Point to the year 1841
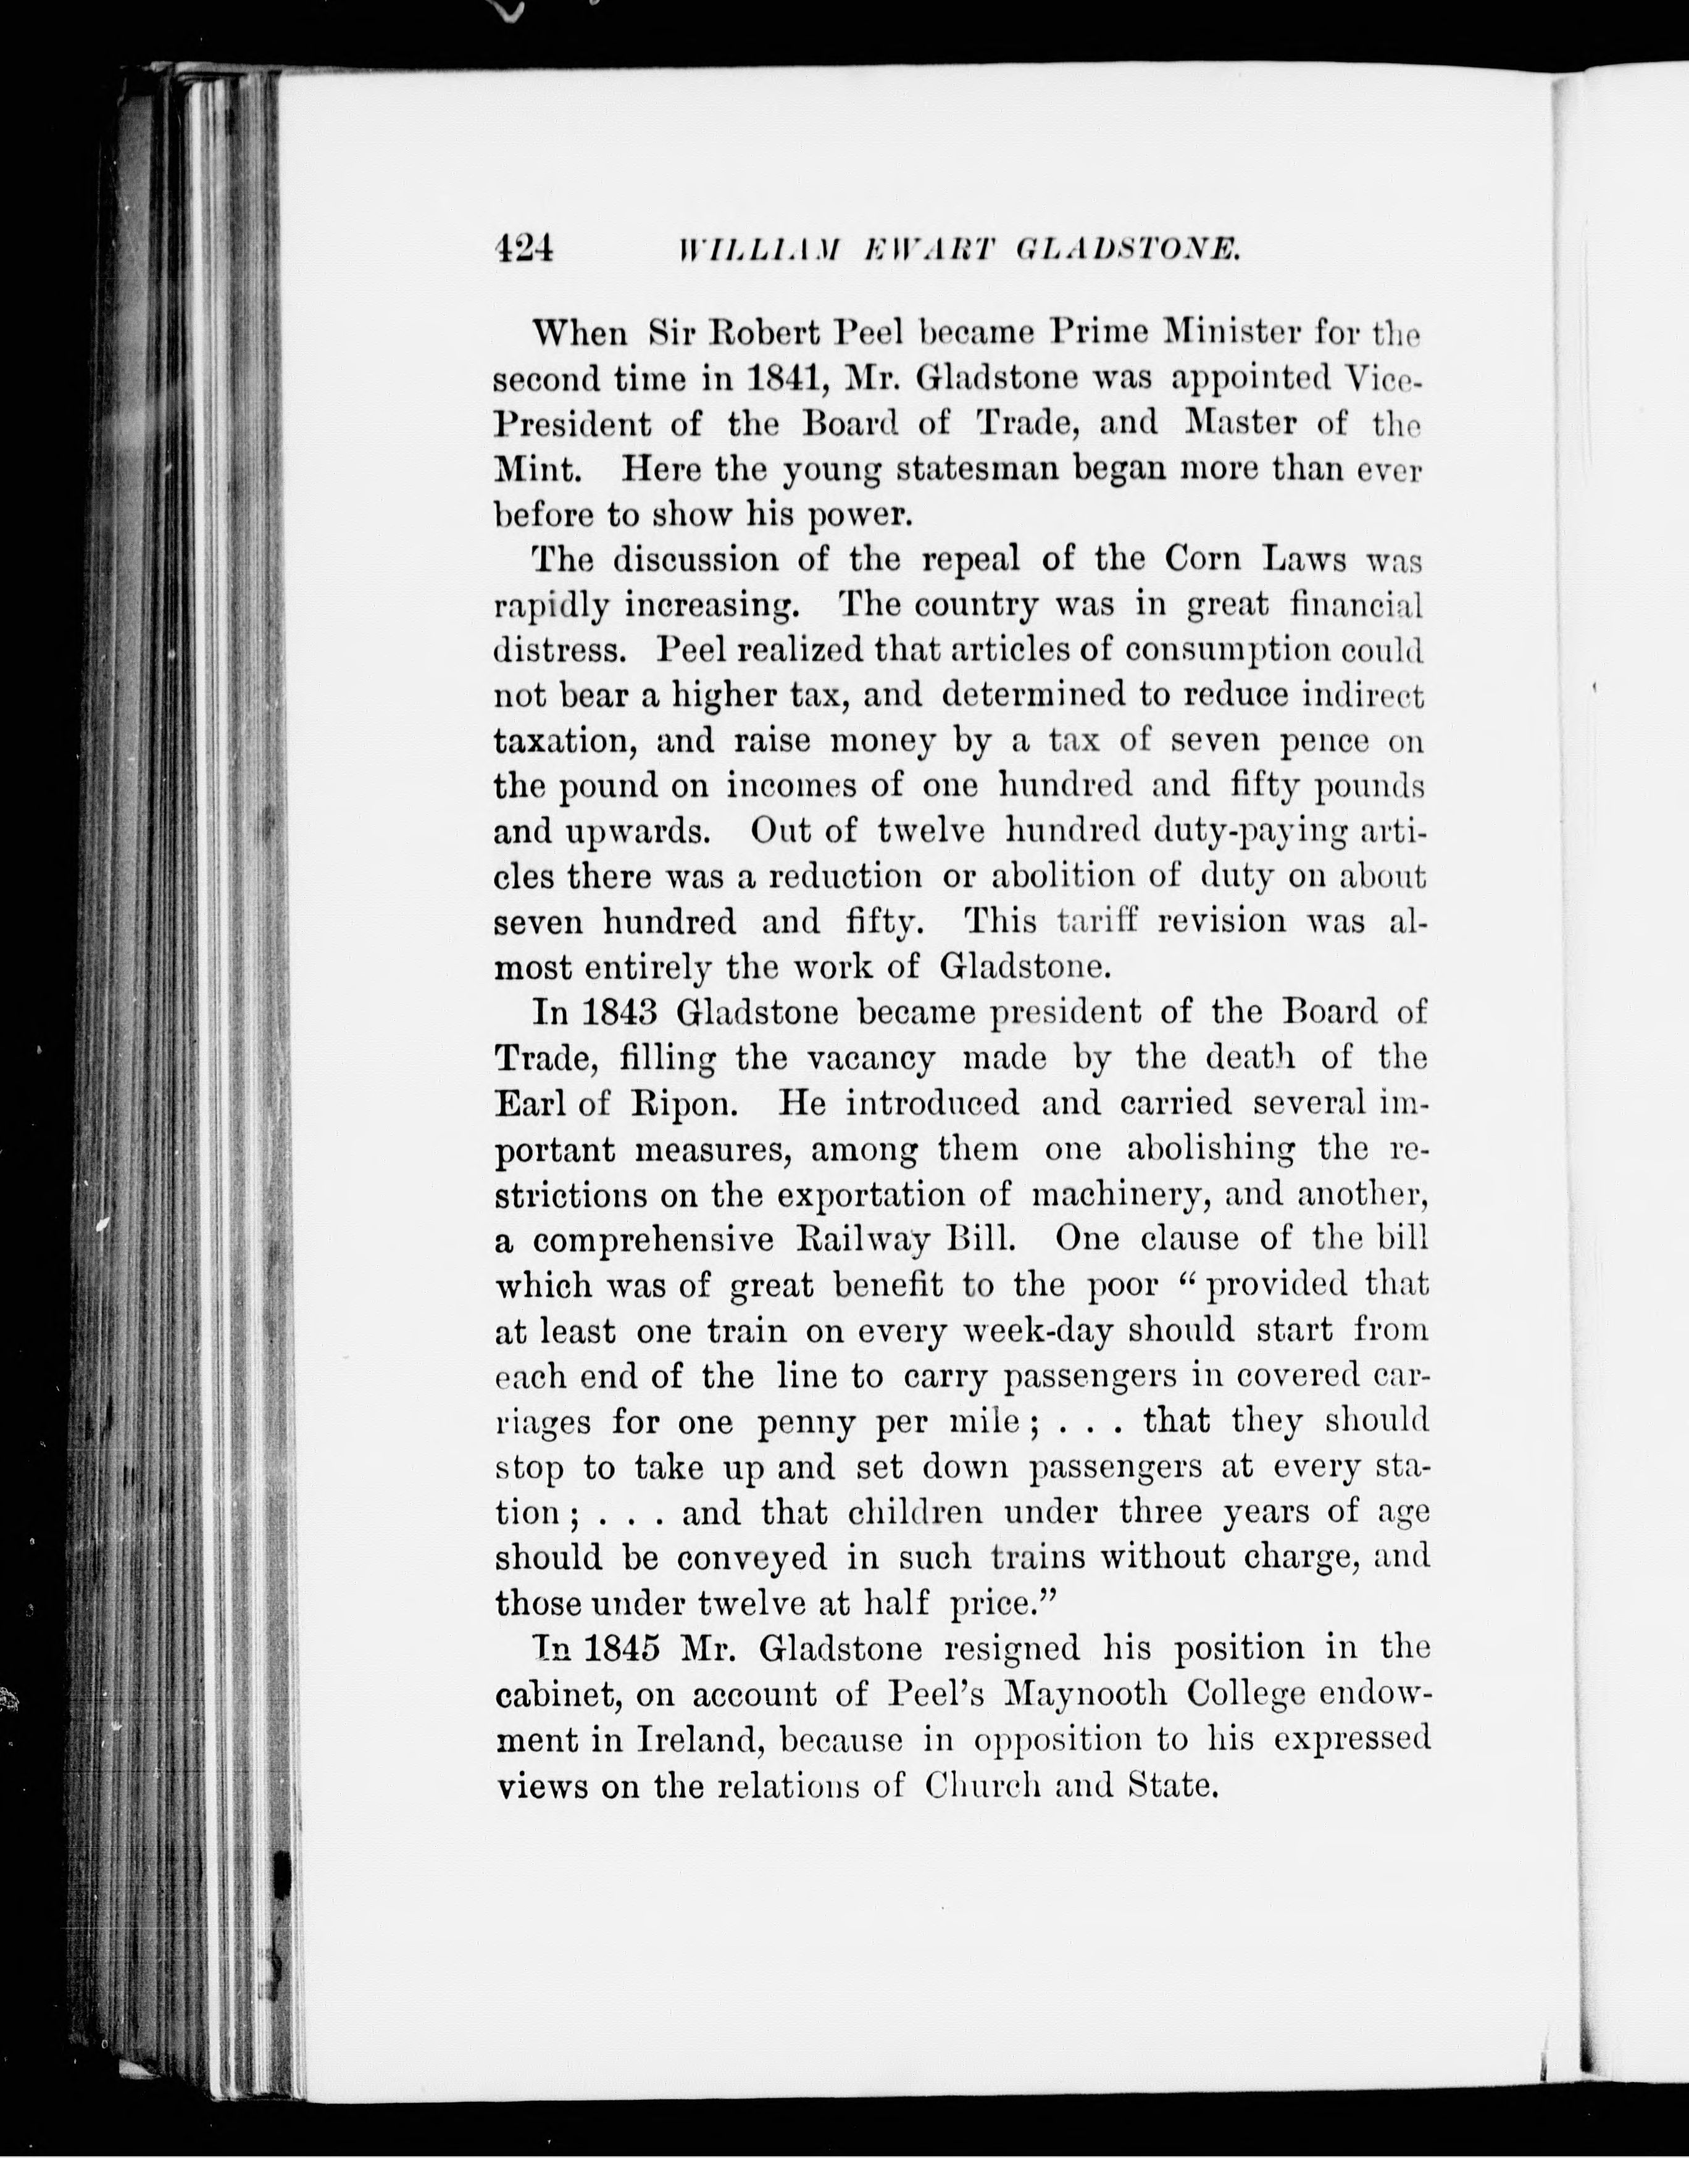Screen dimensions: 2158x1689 pos(782,378)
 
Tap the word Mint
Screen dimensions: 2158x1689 pos(536,469)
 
